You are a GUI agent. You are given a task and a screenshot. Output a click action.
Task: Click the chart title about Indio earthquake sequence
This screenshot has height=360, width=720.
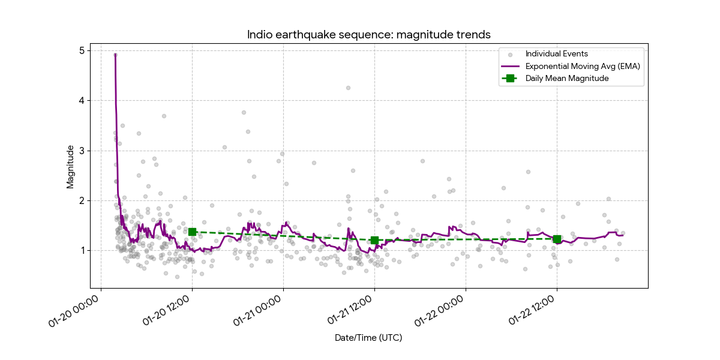tap(369, 35)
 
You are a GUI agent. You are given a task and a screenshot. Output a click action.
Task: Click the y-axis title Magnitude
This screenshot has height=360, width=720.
tap(70, 166)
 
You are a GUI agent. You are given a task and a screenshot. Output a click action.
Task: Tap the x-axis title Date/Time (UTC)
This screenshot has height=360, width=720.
tap(368, 338)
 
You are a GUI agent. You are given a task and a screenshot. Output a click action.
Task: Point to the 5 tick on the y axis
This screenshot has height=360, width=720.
tap(82, 51)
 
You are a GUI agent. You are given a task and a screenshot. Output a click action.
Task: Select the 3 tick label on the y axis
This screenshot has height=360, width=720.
tap(82, 151)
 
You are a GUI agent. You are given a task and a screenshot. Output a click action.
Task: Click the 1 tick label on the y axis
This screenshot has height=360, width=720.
tap(82, 250)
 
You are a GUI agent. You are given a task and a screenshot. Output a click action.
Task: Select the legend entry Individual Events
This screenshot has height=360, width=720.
tap(556, 54)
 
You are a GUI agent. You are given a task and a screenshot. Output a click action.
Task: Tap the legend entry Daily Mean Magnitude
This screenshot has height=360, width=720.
tap(567, 78)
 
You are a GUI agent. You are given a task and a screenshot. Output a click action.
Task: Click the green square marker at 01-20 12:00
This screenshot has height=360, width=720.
tap(192, 232)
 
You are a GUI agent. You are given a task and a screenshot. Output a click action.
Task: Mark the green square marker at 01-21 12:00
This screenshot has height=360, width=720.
tap(374, 240)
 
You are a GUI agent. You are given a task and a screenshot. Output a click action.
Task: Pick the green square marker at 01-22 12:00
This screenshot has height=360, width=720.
tap(557, 239)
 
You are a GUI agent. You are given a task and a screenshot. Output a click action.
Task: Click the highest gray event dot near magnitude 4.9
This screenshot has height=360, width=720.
tap(115, 55)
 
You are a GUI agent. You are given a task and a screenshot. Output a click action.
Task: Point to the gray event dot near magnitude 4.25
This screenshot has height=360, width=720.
tap(348, 88)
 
